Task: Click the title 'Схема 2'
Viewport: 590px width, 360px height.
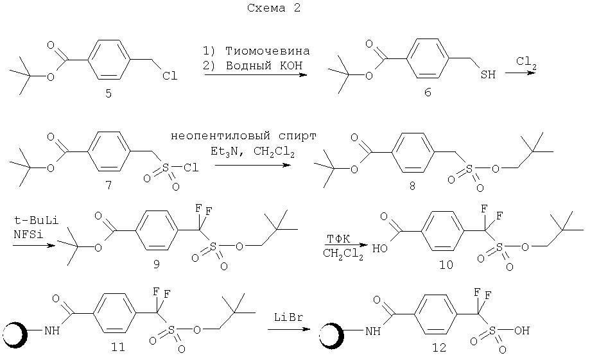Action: click(x=273, y=8)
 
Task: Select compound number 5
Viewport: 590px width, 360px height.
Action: click(x=108, y=93)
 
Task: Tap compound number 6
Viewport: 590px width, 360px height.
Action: click(x=428, y=92)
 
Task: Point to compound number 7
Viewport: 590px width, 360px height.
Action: click(x=108, y=185)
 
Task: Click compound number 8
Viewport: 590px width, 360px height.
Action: click(x=412, y=185)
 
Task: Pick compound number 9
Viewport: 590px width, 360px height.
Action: click(x=156, y=264)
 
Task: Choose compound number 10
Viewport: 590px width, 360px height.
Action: click(x=446, y=265)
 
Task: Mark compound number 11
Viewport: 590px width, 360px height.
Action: click(x=118, y=347)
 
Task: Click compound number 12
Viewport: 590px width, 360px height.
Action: click(x=438, y=347)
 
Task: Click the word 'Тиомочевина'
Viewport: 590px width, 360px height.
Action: click(x=268, y=51)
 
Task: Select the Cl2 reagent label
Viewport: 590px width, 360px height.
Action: click(x=526, y=62)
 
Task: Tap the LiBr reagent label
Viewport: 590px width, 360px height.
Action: click(x=289, y=318)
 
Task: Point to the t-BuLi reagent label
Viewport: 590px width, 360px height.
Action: click(x=36, y=220)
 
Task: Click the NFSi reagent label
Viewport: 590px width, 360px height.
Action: click(x=29, y=234)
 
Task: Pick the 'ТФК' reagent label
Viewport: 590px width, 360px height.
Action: click(x=338, y=239)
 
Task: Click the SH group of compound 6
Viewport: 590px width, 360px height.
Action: click(x=488, y=74)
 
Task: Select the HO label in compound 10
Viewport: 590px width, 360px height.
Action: click(x=380, y=248)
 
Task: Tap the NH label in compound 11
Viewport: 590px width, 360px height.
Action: click(x=52, y=330)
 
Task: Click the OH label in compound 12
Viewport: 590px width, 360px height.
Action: click(x=522, y=330)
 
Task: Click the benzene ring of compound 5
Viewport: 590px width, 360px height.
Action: click(x=109, y=60)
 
